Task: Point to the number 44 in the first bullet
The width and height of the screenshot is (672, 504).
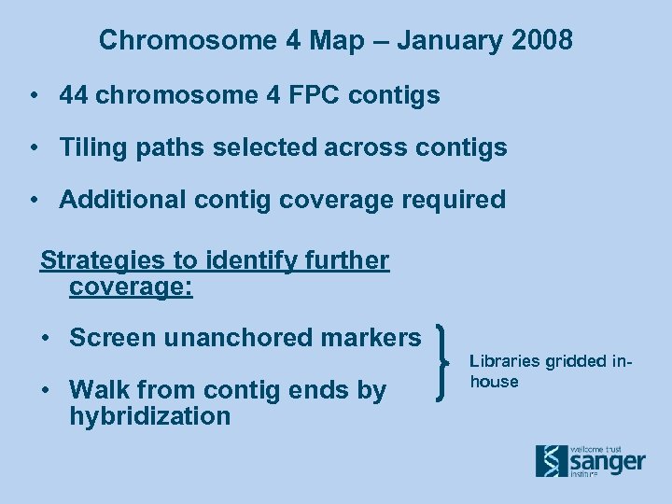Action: (x=76, y=95)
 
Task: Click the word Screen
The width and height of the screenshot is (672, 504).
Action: (x=113, y=338)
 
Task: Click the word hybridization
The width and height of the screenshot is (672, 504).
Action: (x=149, y=416)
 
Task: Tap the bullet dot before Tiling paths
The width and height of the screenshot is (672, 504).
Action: (x=33, y=147)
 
